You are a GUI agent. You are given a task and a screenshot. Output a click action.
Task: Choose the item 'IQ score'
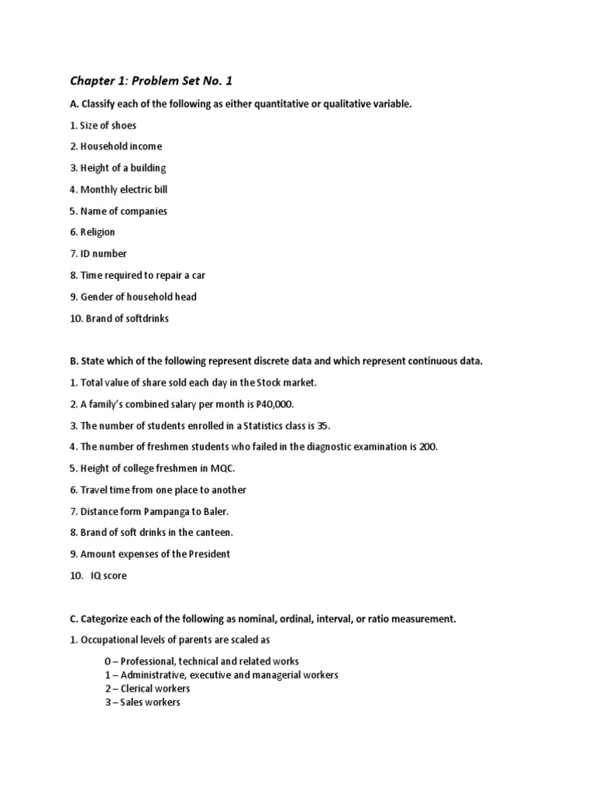108,575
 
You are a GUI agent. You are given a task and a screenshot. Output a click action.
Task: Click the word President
206,554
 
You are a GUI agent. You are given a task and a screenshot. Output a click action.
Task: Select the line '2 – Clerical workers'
148,688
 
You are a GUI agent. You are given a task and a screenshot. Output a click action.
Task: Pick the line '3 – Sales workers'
143,702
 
